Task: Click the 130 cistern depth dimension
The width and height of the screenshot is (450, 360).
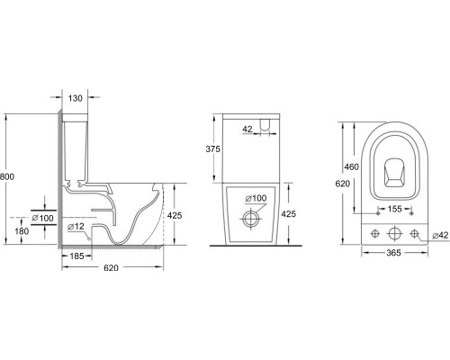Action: pyautogui.click(x=75, y=98)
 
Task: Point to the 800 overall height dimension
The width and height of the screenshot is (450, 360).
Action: pyautogui.click(x=6, y=176)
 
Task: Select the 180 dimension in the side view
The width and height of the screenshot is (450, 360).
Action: pyautogui.click(x=22, y=231)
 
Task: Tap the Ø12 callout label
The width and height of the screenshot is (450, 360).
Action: pyautogui.click(x=76, y=227)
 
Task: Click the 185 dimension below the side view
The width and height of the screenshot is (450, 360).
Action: pyautogui.click(x=76, y=256)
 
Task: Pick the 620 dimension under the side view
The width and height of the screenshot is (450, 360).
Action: pyautogui.click(x=111, y=267)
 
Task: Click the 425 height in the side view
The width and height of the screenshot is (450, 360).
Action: pyautogui.click(x=175, y=215)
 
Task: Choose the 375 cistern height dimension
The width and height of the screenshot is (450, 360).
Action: pyautogui.click(x=213, y=149)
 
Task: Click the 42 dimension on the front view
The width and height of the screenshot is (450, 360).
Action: pyautogui.click(x=247, y=130)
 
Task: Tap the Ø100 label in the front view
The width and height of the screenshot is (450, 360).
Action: pyautogui.click(x=256, y=198)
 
